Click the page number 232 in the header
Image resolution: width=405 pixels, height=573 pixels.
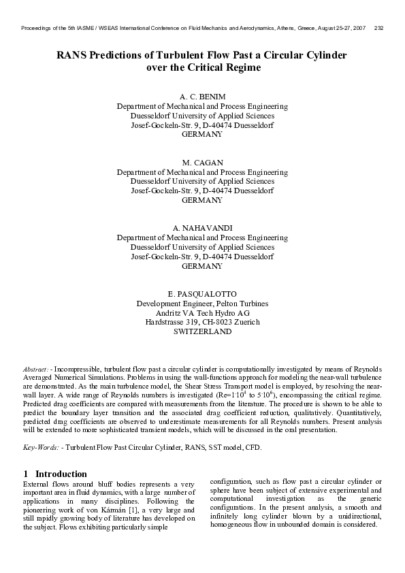point(379,28)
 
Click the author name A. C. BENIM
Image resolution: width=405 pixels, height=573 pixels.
point(202,97)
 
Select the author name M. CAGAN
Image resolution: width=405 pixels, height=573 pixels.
point(202,163)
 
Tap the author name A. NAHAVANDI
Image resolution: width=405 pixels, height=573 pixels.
point(202,228)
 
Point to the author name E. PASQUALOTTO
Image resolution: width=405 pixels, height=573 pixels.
point(202,293)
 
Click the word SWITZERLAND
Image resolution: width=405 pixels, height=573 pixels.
point(202,331)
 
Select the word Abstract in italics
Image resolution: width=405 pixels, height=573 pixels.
point(35,368)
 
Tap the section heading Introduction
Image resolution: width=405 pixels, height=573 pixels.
point(61,474)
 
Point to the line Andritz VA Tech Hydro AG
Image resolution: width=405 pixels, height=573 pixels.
point(202,312)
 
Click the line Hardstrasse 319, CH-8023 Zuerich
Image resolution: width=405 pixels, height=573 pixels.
point(202,322)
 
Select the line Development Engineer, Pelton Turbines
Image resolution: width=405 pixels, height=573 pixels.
point(202,303)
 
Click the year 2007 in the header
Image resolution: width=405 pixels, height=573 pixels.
point(357,28)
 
